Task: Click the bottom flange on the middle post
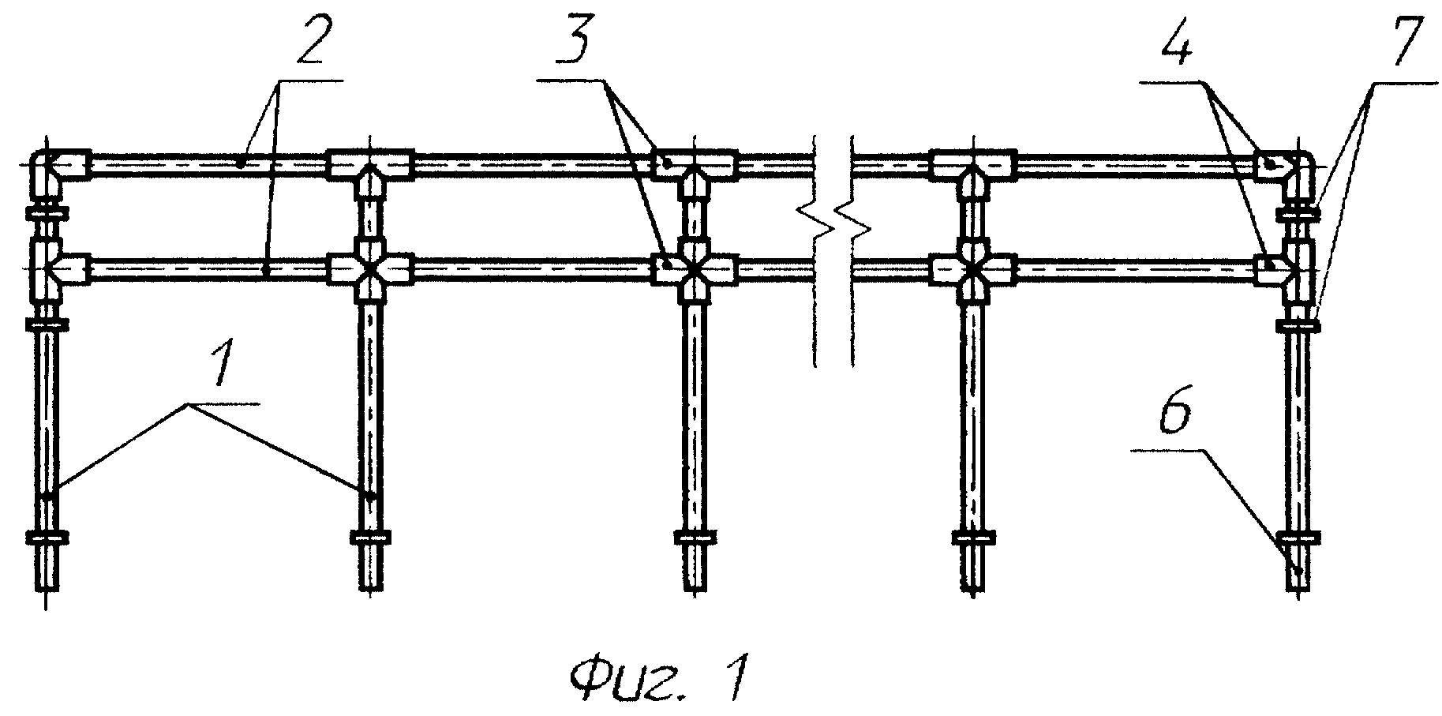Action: tap(694, 538)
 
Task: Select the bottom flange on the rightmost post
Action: tap(1297, 538)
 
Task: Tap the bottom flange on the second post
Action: tap(370, 538)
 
